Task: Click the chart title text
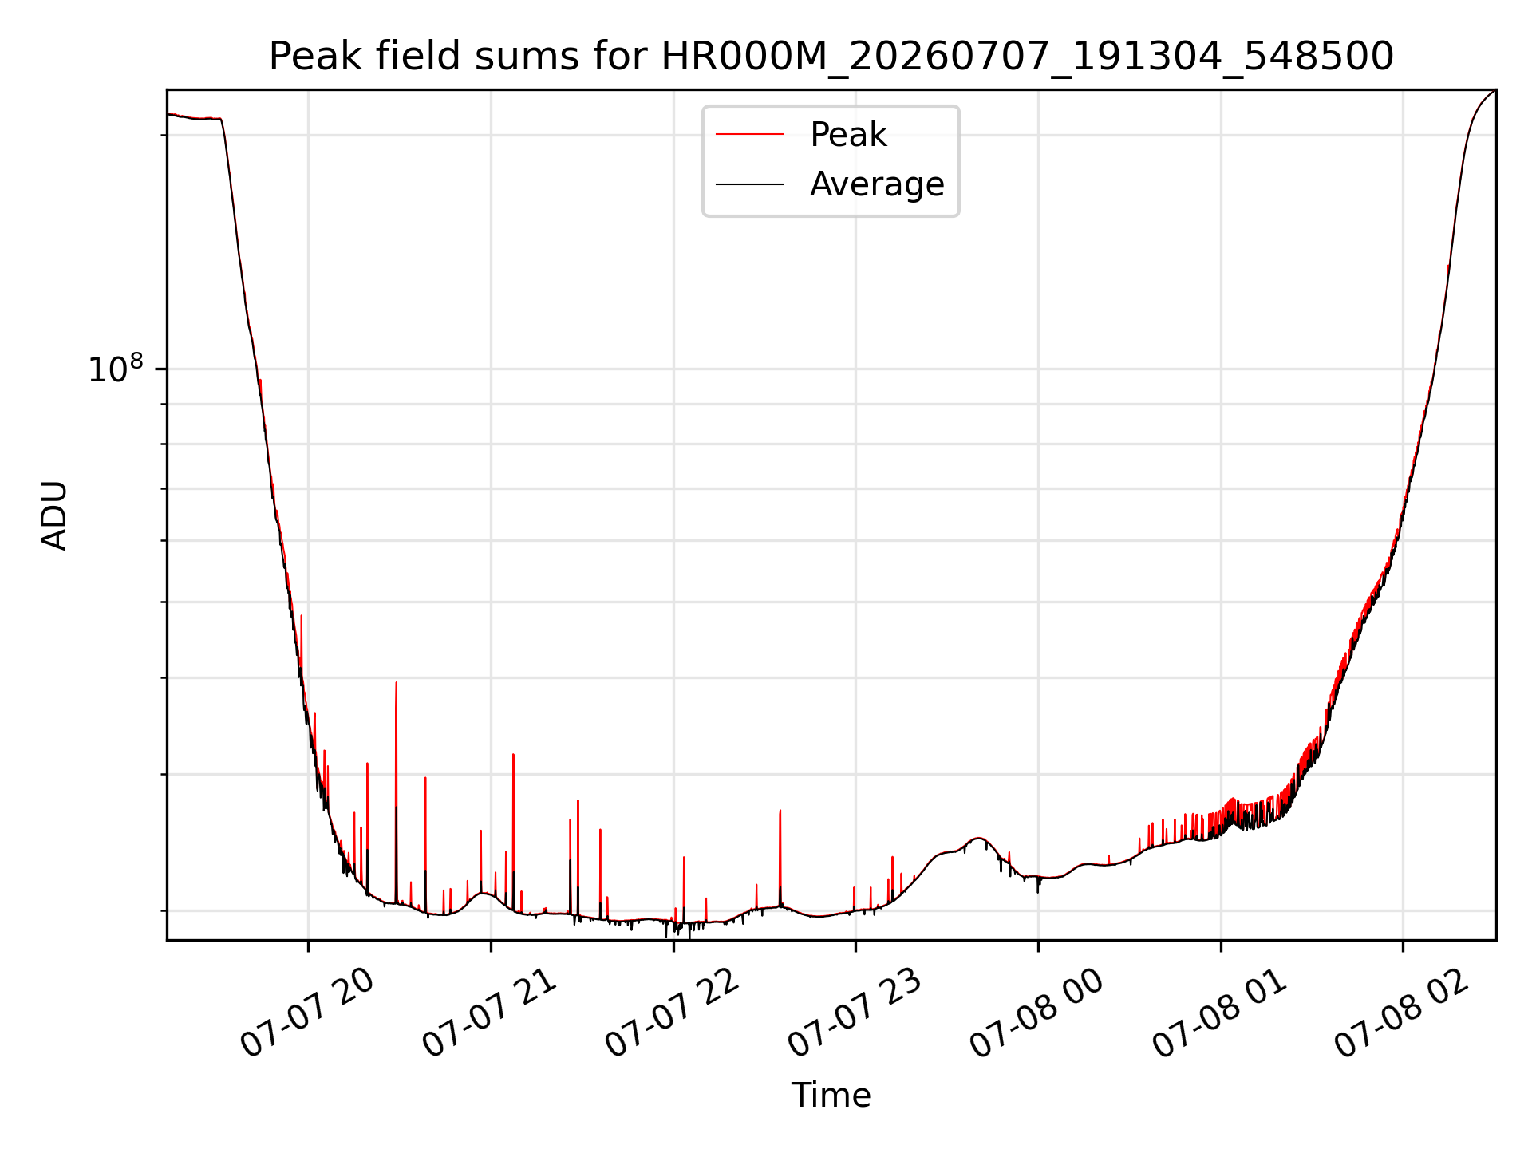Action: click(x=831, y=57)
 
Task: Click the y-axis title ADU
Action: click(x=54, y=515)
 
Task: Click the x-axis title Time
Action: click(x=831, y=1095)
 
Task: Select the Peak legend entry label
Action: click(x=848, y=134)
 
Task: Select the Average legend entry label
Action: click(x=877, y=184)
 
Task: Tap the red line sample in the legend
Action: click(x=749, y=134)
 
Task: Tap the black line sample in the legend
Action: click(x=749, y=184)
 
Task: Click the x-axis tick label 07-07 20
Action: click(x=306, y=1013)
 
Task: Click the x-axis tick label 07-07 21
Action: click(x=489, y=1013)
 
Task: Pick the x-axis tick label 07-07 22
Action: click(x=672, y=1013)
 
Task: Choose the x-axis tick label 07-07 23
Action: click(x=855, y=1013)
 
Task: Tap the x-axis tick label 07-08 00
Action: click(x=1036, y=1013)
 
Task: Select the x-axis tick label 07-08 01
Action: click(x=1219, y=1013)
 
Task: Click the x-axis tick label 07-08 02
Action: click(x=1402, y=1013)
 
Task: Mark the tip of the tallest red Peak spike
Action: click(x=397, y=682)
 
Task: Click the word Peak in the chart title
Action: click(x=306, y=57)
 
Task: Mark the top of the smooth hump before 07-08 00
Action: click(x=978, y=838)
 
